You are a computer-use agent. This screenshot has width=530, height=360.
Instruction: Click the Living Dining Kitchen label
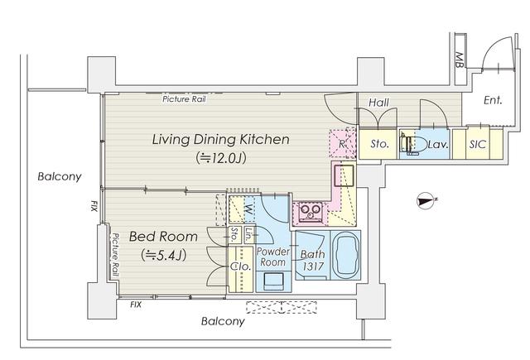[221, 139]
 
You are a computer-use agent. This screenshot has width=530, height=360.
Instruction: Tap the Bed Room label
[163, 237]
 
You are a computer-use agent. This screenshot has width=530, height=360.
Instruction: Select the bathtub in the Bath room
[345, 255]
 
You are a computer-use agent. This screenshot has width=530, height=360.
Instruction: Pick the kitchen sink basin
[344, 175]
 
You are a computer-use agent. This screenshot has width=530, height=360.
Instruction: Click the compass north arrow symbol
[426, 200]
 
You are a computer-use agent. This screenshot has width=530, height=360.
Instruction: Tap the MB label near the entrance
[459, 60]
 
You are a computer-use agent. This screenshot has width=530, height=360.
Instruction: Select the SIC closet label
[477, 145]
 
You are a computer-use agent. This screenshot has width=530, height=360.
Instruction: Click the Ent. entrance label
[493, 100]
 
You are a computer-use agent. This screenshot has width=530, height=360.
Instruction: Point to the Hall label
[378, 103]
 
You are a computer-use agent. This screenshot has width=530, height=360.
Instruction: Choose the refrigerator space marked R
[342, 143]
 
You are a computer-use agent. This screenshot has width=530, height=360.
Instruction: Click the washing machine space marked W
[248, 210]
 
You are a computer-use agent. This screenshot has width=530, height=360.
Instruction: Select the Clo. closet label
[240, 266]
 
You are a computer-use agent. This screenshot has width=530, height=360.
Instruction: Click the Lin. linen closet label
[249, 235]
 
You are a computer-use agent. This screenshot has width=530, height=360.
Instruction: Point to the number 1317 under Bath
[313, 266]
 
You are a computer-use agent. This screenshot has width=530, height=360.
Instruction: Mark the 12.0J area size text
[221, 158]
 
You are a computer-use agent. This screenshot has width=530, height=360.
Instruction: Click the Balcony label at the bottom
[223, 321]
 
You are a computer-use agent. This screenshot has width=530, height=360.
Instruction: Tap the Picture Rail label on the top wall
[184, 99]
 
